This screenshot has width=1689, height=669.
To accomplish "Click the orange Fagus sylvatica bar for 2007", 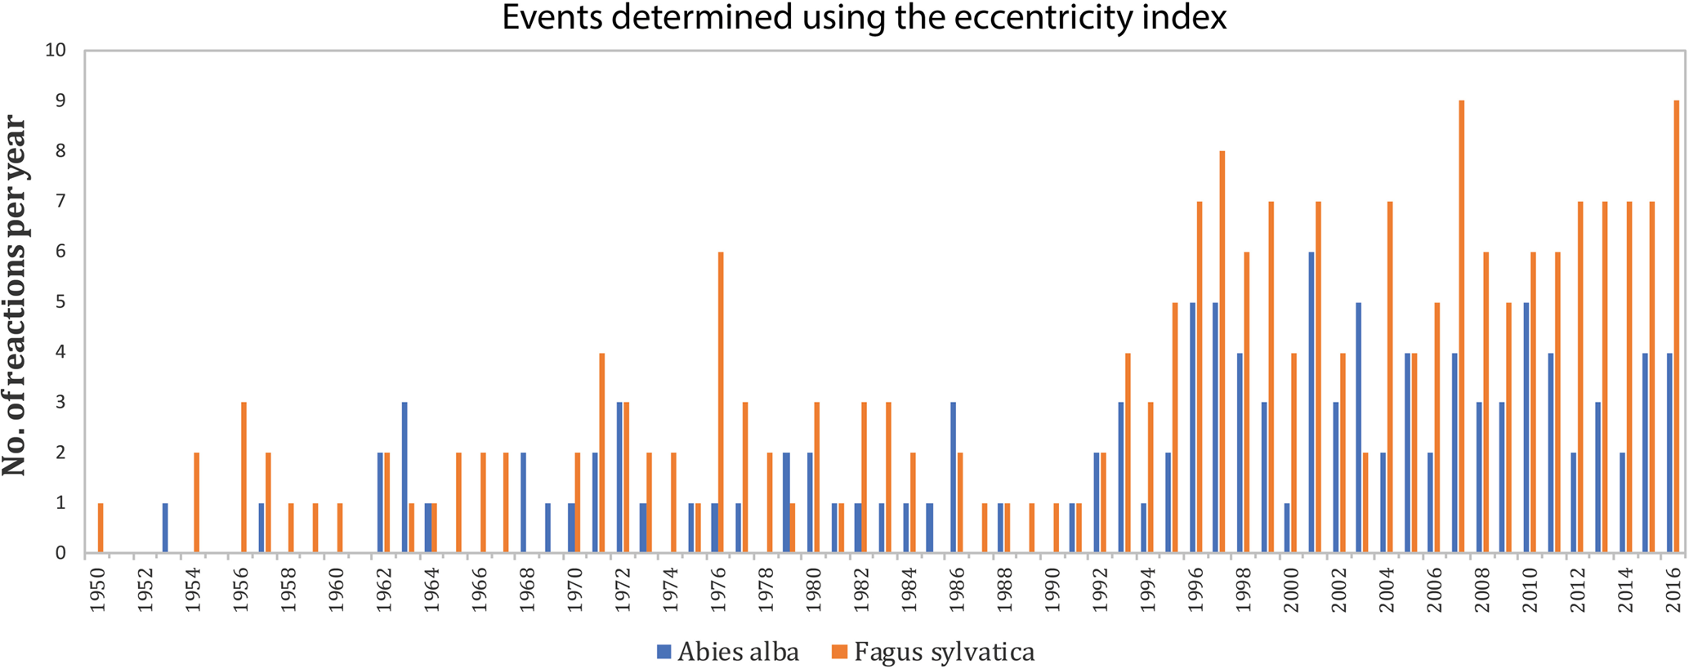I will pyautogui.click(x=1461, y=327).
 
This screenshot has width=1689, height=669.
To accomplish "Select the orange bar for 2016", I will pyautogui.click(x=1676, y=327).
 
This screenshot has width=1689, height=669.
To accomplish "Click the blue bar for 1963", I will pyautogui.click(x=404, y=478).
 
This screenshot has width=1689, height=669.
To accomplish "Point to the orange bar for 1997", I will pyautogui.click(x=1222, y=352).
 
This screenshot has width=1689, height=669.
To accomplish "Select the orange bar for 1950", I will pyautogui.click(x=101, y=528).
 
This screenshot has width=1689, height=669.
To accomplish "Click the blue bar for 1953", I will pyautogui.click(x=165, y=528).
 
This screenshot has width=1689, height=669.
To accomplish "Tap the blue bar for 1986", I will pyautogui.click(x=954, y=478).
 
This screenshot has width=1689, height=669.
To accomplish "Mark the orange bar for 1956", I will pyautogui.click(x=244, y=478).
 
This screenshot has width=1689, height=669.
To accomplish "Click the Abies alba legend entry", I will pyautogui.click(x=728, y=652).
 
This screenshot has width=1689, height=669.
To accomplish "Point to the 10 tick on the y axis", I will pyautogui.click(x=56, y=50).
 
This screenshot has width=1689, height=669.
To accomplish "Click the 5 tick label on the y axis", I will pyautogui.click(x=60, y=301).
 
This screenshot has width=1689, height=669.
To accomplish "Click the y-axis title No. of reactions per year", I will pyautogui.click(x=15, y=296).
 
